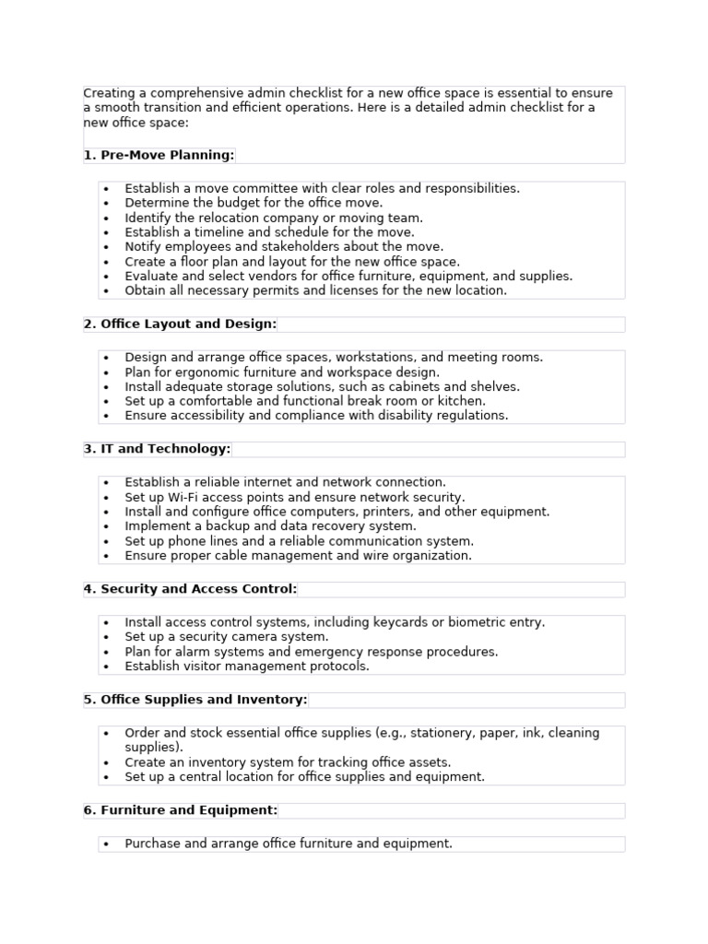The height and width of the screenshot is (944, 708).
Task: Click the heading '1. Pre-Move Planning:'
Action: point(159,155)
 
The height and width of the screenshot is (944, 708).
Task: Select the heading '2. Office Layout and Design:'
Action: point(180,324)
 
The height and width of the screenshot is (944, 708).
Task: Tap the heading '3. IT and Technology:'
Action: point(157,449)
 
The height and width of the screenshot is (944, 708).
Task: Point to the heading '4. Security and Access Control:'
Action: point(190,589)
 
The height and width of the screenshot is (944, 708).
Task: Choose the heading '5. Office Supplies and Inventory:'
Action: point(195,700)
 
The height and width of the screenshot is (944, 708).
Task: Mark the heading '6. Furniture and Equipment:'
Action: point(180,810)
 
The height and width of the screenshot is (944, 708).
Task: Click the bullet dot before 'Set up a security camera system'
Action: point(107,638)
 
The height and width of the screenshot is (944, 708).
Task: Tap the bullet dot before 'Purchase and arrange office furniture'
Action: point(107,844)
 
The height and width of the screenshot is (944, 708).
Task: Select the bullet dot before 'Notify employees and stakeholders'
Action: point(107,248)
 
